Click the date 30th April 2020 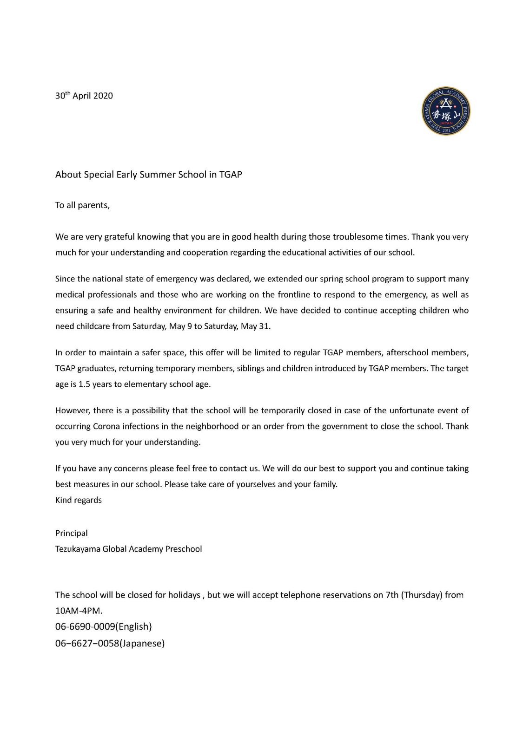click(x=84, y=96)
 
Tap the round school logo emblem click(x=446, y=111)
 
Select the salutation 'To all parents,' click(x=82, y=205)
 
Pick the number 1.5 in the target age click(x=84, y=384)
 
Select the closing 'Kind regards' click(x=79, y=500)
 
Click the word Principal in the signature click(x=72, y=533)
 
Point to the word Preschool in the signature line click(x=184, y=549)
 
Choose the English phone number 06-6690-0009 click(x=85, y=627)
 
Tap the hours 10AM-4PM click(x=79, y=611)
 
